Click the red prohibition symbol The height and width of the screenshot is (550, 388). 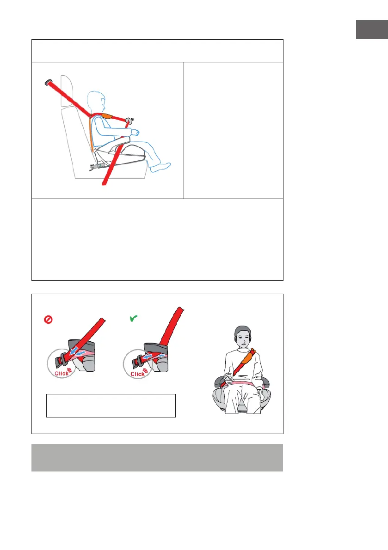[x=48, y=320]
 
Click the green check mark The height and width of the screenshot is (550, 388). [x=134, y=318]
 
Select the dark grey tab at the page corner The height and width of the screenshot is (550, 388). [x=372, y=30]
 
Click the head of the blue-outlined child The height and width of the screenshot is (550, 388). [x=96, y=102]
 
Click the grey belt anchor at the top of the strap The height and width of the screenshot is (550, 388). [x=48, y=83]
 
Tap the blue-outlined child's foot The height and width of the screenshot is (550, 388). [x=160, y=167]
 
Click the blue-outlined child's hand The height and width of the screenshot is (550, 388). [x=135, y=132]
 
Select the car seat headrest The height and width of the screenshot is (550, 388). [x=67, y=91]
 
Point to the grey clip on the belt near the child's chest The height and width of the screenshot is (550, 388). [x=129, y=121]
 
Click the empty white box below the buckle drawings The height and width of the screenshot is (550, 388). [x=111, y=405]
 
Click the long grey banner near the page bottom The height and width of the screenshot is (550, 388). [x=157, y=458]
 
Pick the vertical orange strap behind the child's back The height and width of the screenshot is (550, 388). [x=92, y=133]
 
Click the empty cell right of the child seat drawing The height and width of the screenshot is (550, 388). [x=234, y=131]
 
